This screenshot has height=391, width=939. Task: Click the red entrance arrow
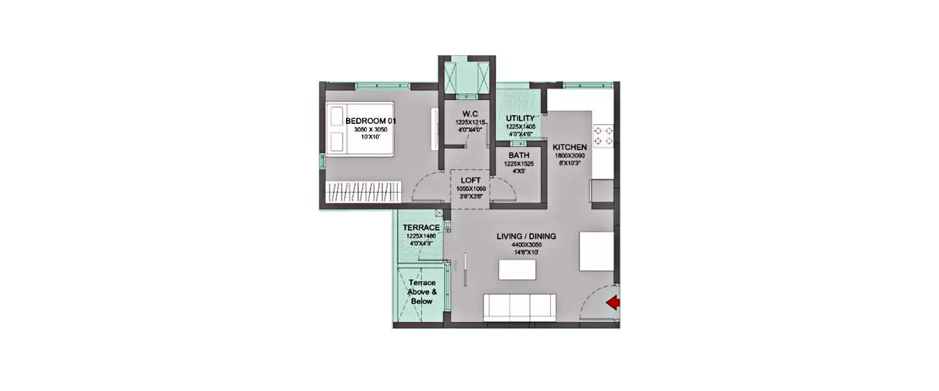[x=613, y=303]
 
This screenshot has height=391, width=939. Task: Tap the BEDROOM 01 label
[x=371, y=121]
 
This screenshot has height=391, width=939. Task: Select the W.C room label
[x=470, y=113]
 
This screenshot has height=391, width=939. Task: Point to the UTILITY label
[x=520, y=118]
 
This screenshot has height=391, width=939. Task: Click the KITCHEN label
[x=570, y=147]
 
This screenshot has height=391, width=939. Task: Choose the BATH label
[x=519, y=155]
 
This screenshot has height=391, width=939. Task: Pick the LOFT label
[x=470, y=180]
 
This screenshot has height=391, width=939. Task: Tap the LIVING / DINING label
[x=526, y=236]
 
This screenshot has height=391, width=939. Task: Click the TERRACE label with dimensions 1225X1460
[x=421, y=227]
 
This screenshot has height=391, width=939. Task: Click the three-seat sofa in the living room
[x=520, y=307]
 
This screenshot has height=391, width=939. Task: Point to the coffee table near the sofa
[x=517, y=270]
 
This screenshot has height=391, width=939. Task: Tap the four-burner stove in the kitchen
[x=603, y=136]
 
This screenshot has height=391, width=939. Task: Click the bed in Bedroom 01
[x=359, y=129]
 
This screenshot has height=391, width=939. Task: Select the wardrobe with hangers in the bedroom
[x=363, y=191]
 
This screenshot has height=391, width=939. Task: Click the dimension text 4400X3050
[x=526, y=245]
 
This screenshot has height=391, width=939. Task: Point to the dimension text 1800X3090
[x=570, y=155]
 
